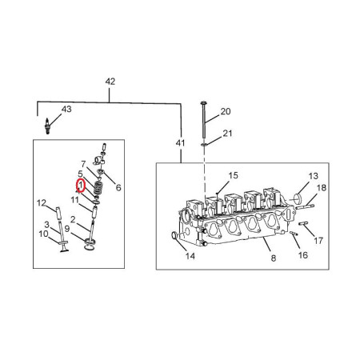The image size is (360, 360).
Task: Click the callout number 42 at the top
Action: [110, 82]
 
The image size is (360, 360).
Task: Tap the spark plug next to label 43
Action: [48, 126]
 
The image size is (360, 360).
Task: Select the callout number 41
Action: [180, 143]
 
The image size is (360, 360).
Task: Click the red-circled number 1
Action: [81, 186]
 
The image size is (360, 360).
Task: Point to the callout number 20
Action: [226, 111]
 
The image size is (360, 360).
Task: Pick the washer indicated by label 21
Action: [204, 145]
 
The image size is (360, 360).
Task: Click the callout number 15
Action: [233, 175]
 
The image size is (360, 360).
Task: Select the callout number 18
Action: [322, 188]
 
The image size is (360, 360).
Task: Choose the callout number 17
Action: [318, 241]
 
